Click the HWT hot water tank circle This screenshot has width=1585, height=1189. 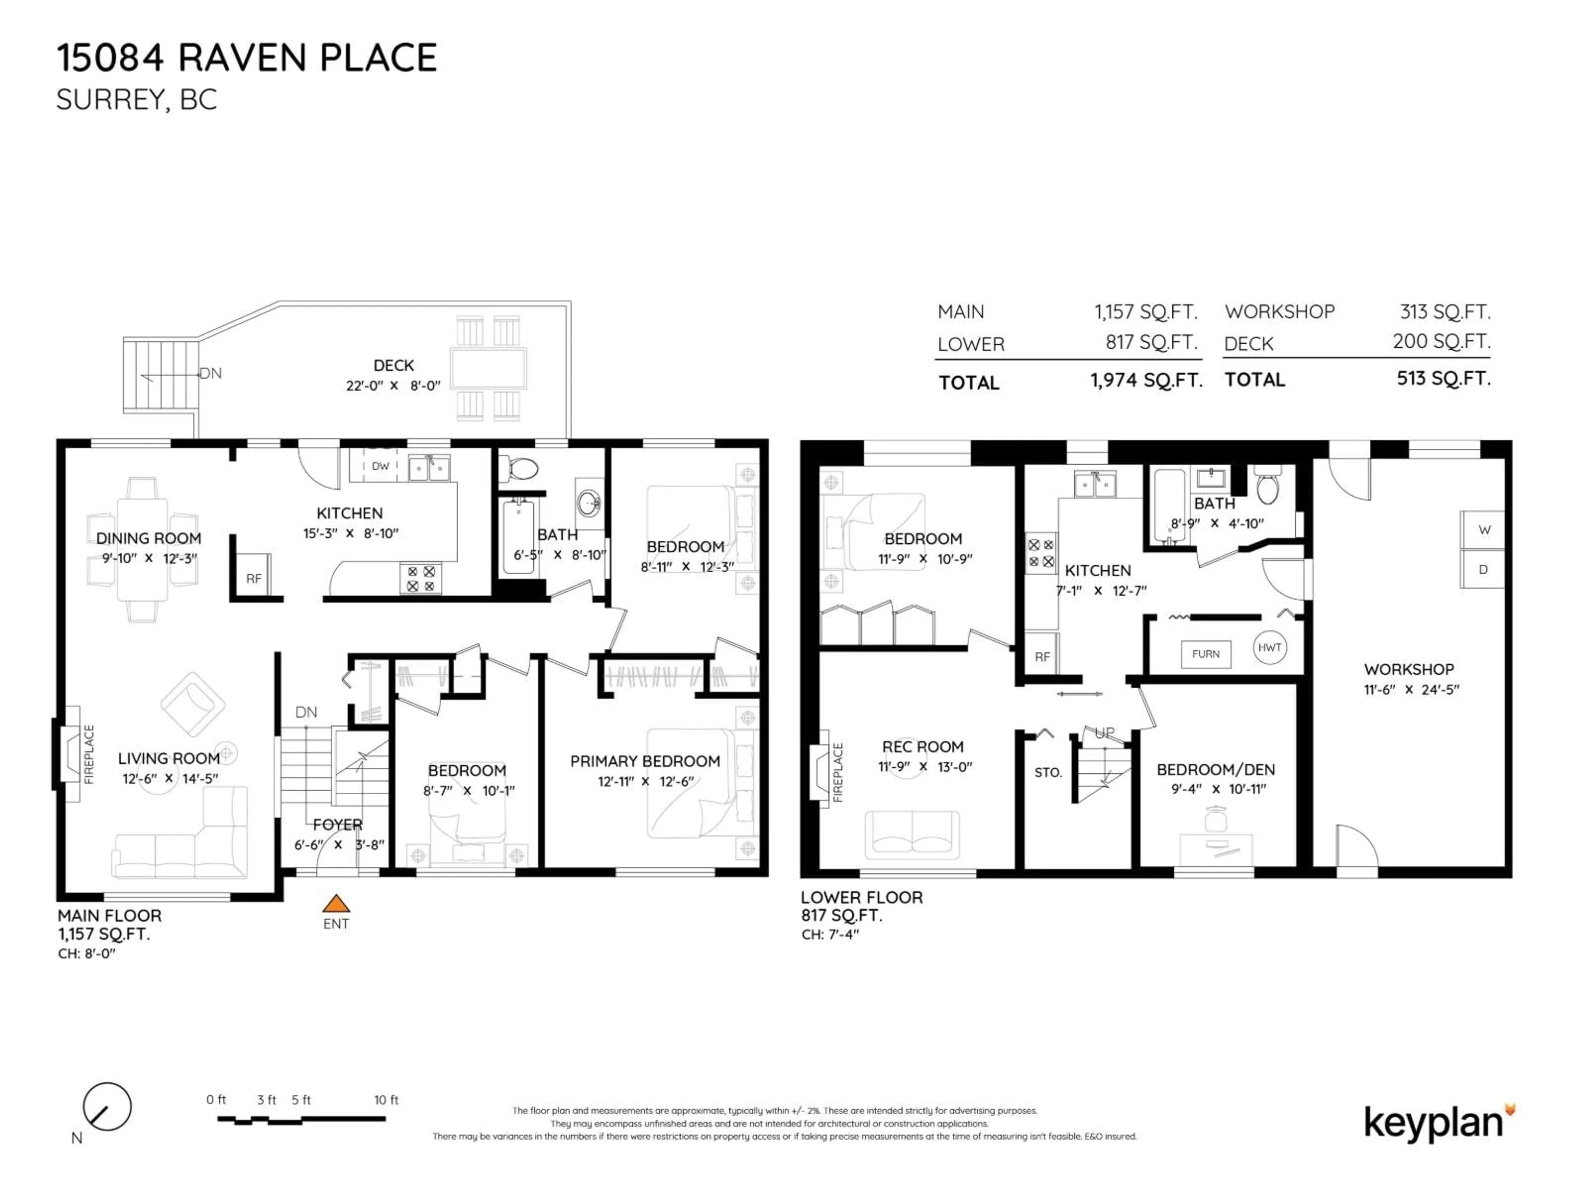(x=1269, y=647)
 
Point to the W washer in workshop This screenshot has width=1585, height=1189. (x=1484, y=531)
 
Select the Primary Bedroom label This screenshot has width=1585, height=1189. (x=645, y=761)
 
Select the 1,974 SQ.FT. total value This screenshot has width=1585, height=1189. (x=1146, y=381)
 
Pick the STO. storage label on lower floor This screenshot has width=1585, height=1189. (x=1048, y=772)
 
